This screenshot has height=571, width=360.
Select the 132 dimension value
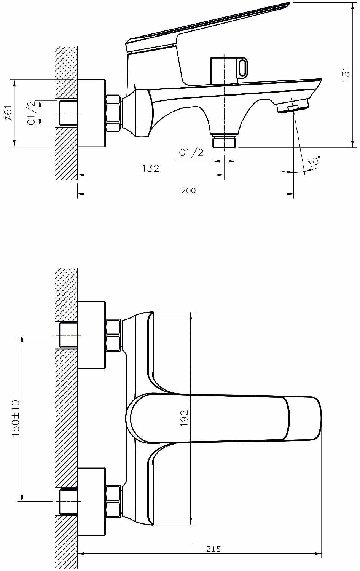tap(150, 169)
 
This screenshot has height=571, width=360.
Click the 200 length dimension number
tap(188, 190)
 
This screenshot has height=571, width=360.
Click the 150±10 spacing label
tap(15, 418)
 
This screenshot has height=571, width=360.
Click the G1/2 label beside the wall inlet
tap(31, 113)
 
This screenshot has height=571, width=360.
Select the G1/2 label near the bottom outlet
tap(191, 152)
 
